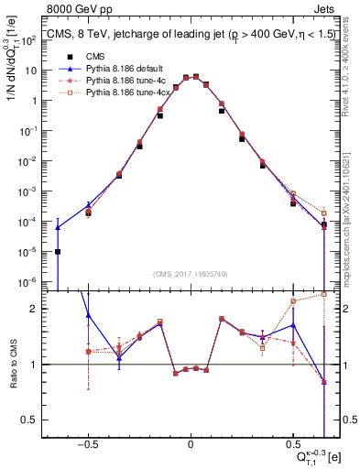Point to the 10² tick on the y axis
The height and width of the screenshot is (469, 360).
pos(37,40)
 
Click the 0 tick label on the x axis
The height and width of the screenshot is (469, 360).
pos(191,441)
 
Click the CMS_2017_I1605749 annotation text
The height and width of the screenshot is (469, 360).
pos(190,274)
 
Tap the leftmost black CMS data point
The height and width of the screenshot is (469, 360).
pos(58,251)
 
